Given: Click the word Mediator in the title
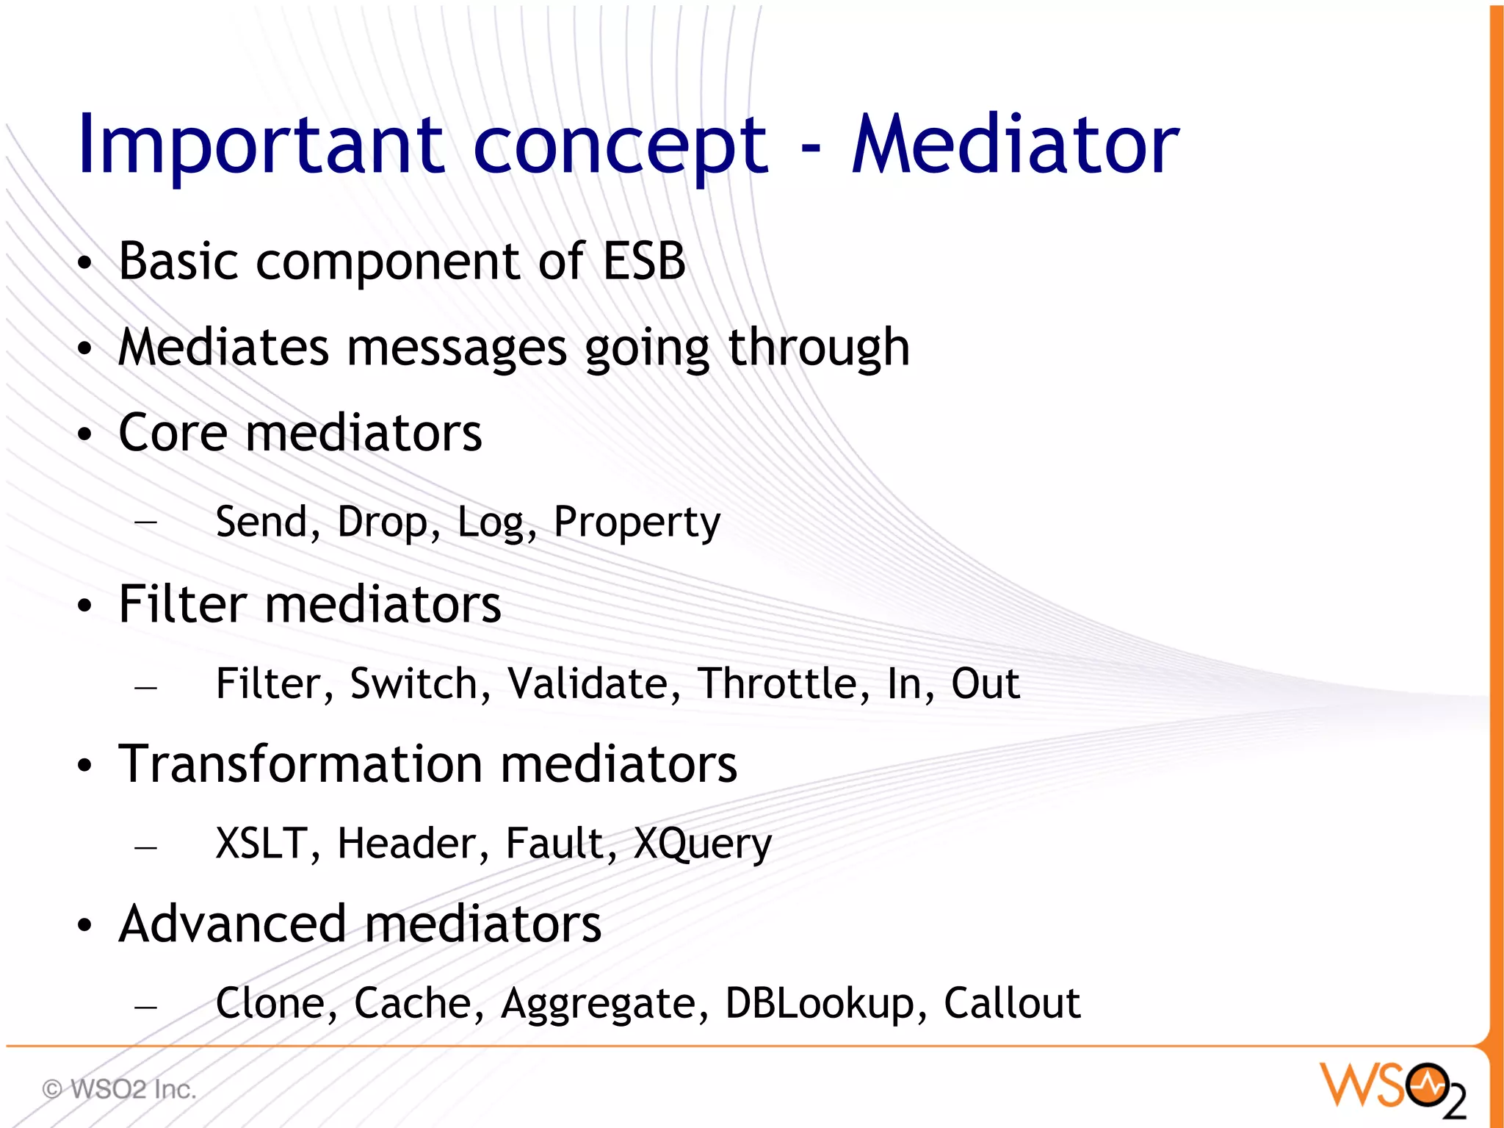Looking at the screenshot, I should tap(1015, 145).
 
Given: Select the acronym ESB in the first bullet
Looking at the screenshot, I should tap(644, 261).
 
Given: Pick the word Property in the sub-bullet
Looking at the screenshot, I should tap(637, 523).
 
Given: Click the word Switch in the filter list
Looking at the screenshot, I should tap(413, 683).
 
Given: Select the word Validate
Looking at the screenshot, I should tap(587, 683).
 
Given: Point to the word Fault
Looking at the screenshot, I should tap(554, 843).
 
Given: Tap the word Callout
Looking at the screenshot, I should tap(1011, 1003).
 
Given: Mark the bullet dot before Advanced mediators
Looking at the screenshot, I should tap(85, 925).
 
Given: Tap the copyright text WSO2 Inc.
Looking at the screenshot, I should tap(120, 1089).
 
